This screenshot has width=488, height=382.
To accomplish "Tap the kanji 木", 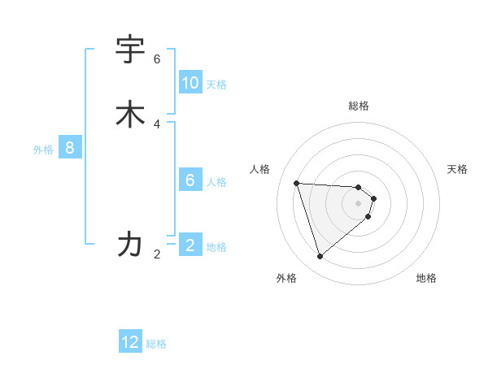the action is [130, 115].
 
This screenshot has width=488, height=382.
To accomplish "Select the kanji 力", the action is [130, 243].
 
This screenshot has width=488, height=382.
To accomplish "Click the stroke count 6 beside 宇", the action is [157, 59].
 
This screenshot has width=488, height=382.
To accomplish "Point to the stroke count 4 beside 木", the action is [157, 124].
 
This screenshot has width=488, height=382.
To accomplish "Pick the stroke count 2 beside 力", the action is [157, 254].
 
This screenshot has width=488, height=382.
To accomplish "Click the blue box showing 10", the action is [190, 83].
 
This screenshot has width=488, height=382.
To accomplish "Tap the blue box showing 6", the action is [190, 180].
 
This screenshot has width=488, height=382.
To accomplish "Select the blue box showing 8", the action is [70, 148].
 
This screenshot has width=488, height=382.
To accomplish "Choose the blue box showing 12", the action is [130, 342].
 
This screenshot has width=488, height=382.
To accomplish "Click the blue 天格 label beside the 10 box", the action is [216, 85].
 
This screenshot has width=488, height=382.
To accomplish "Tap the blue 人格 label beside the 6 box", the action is [216, 181].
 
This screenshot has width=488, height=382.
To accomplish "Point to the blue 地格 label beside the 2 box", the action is [216, 247].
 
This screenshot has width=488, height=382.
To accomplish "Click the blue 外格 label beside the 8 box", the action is [43, 150].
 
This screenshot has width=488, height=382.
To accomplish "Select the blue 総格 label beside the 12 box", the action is [156, 344].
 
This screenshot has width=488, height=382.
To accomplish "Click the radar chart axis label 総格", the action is [359, 106].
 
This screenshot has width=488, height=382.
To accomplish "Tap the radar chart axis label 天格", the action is [457, 169].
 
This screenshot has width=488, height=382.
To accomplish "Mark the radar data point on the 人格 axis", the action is [297, 183].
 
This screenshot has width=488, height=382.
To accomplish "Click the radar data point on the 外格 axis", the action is [320, 257].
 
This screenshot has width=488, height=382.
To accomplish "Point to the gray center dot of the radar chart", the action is [359, 215].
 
